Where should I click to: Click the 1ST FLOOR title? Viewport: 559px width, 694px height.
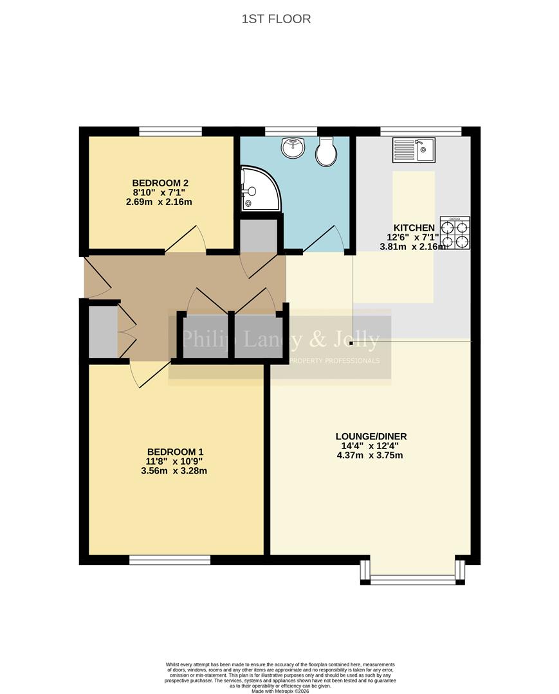point(276,19)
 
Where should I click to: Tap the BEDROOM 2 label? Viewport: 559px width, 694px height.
point(160,182)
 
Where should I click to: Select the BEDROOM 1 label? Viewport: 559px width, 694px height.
point(176,451)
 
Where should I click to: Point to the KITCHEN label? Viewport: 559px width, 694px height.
point(414,227)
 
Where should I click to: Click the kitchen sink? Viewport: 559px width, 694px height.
point(414,150)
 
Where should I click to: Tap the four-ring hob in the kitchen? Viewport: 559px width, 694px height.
point(455,234)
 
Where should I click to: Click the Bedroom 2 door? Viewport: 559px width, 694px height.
point(187,240)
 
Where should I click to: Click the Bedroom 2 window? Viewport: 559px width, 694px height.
point(170,132)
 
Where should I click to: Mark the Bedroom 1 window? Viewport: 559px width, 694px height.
point(170,560)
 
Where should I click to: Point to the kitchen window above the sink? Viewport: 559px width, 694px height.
point(421,132)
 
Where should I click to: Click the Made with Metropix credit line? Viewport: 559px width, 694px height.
point(280,690)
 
